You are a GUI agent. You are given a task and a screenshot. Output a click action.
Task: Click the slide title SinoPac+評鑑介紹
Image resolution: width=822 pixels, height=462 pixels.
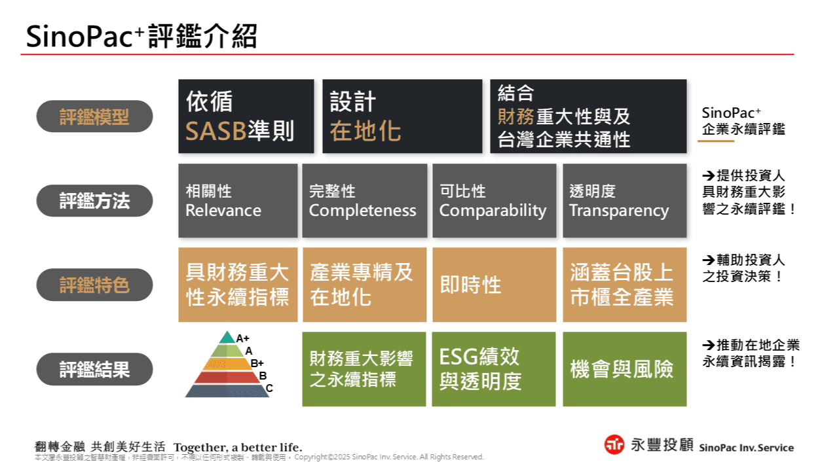coord(141,37)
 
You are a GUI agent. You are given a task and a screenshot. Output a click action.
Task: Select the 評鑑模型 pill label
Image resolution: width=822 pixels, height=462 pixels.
coord(94,117)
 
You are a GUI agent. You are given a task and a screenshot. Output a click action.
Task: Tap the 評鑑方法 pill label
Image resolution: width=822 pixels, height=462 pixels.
coord(94,201)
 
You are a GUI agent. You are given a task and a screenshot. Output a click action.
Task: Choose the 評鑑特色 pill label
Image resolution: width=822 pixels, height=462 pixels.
coord(94,285)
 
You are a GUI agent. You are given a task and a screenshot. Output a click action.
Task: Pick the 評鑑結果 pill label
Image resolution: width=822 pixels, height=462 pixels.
coord(94,369)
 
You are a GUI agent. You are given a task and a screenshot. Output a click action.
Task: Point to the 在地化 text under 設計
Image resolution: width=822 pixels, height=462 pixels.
coord(365,132)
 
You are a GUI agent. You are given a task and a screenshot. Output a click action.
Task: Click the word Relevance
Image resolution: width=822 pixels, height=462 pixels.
coord(223,211)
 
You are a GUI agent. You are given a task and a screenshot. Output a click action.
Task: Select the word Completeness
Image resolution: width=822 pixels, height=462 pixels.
coord(362,211)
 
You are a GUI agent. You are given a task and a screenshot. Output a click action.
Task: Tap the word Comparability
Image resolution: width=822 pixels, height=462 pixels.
coord(493,211)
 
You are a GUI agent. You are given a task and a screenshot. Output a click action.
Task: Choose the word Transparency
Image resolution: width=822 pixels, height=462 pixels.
coord(619,211)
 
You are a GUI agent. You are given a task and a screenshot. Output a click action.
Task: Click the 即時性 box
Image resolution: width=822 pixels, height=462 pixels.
coord(494,285)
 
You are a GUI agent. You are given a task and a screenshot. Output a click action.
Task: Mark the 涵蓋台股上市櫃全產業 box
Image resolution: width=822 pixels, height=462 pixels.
coord(624,285)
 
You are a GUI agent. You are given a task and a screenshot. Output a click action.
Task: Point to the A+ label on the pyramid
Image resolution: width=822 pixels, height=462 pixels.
coord(243,338)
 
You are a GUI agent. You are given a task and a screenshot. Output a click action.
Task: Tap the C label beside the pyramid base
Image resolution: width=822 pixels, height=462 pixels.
coord(269,388)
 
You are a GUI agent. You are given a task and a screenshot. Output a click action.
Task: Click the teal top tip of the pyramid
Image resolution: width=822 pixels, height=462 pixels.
coord(227,338)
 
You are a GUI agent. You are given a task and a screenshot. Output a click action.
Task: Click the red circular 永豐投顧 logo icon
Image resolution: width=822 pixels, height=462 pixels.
coord(614,444)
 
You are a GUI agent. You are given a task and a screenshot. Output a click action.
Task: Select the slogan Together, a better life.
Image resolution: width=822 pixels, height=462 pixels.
coord(238,448)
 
